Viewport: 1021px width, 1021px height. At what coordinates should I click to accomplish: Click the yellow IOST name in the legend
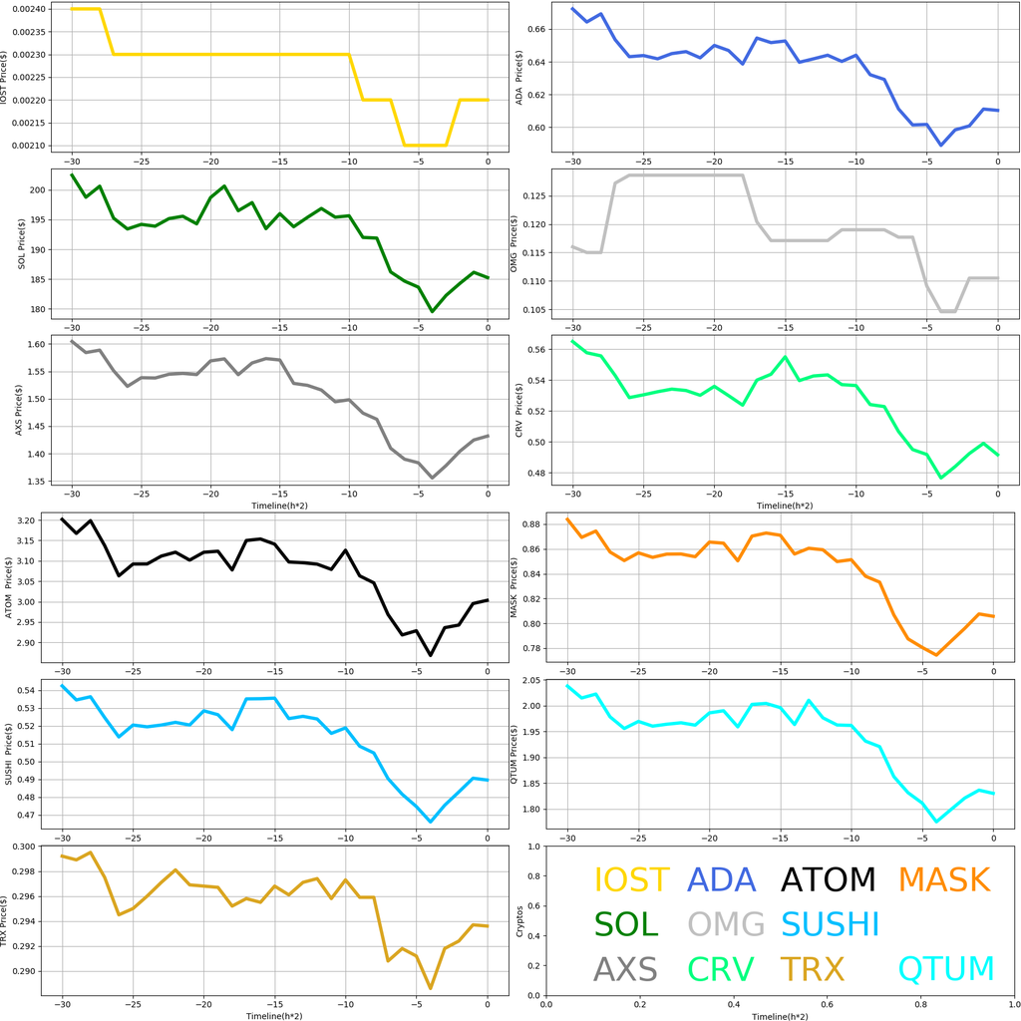pos(631,880)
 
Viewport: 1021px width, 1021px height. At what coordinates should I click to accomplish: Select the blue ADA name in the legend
pos(722,880)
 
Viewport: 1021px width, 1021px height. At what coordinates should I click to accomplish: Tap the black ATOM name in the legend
pos(828,880)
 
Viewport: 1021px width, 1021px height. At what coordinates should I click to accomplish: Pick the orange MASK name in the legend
pos(943,880)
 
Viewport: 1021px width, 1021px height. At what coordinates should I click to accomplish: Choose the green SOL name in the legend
pos(626,924)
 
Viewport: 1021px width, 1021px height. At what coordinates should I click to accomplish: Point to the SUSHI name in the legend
pos(830,924)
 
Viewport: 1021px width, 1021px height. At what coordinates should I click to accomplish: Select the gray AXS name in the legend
pos(625,968)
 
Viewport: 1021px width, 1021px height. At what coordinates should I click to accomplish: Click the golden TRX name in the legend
pos(812,968)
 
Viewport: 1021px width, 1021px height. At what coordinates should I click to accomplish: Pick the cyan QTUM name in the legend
pos(946,968)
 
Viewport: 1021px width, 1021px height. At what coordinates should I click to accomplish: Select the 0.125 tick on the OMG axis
pos(533,196)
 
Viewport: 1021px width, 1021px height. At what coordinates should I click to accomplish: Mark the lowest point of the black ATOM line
pos(431,655)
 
